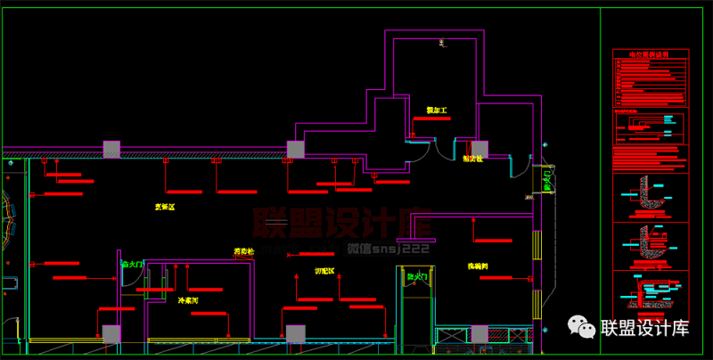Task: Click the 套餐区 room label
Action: (x=165, y=207)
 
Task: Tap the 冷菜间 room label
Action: (x=188, y=300)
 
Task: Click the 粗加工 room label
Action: (x=436, y=110)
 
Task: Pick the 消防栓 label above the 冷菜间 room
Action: (x=243, y=251)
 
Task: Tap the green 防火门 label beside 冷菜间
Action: (x=131, y=265)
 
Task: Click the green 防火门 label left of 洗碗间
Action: (x=417, y=277)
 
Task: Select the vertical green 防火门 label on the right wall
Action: (x=548, y=182)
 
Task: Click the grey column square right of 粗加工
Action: (x=479, y=149)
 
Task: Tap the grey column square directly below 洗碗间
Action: (x=479, y=334)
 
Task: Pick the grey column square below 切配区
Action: (x=295, y=334)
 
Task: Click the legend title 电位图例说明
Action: (x=650, y=55)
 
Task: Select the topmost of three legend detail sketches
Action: (x=650, y=193)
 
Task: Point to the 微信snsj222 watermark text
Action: (x=389, y=249)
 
